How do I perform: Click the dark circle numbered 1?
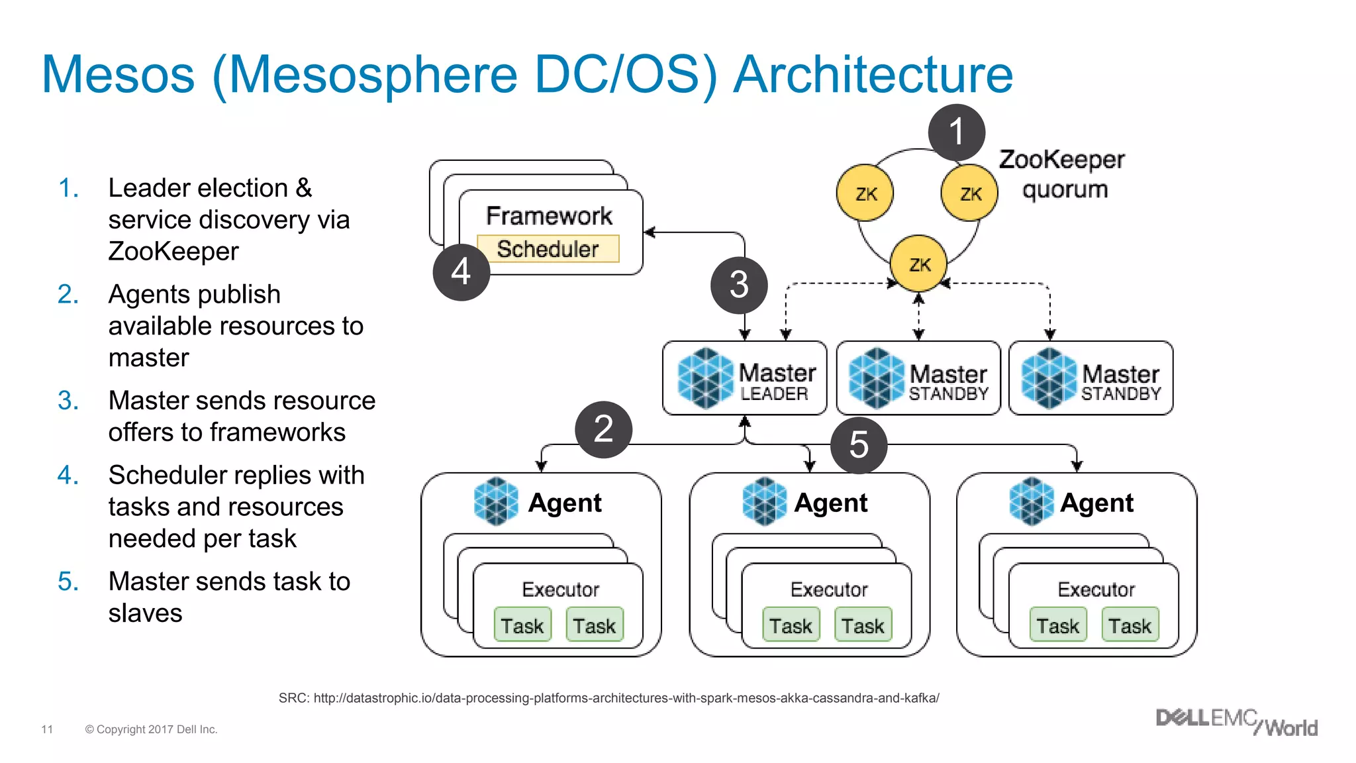point(956,132)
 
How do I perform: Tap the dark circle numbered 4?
point(461,272)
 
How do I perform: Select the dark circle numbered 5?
point(859,445)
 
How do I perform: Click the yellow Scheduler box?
point(548,249)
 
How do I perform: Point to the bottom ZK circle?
point(919,264)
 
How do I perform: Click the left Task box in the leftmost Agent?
point(522,625)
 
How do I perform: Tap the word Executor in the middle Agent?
point(829,589)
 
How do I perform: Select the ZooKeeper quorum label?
point(1062,174)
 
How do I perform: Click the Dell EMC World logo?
point(1236,722)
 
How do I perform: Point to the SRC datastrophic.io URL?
point(608,698)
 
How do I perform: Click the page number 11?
point(47,729)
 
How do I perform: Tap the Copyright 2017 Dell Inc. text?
point(151,729)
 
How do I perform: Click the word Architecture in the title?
point(873,74)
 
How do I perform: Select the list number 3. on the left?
point(68,401)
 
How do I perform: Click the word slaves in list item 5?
point(145,613)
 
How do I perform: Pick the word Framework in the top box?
point(549,216)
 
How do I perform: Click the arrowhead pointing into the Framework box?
point(649,232)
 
